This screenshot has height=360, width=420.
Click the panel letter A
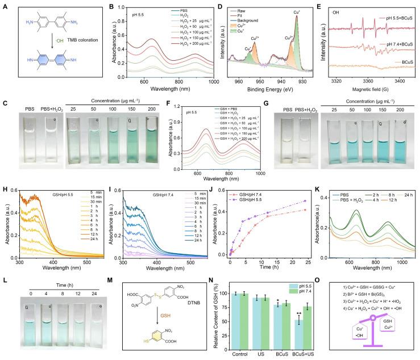7,8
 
